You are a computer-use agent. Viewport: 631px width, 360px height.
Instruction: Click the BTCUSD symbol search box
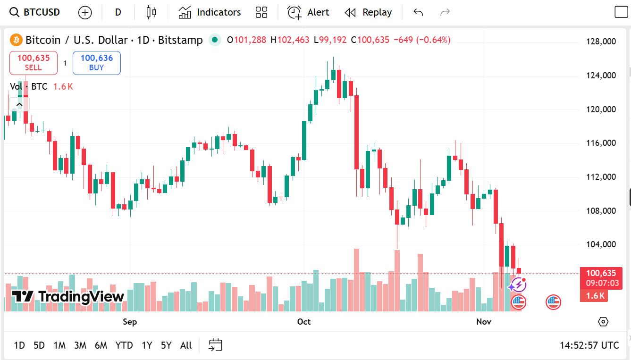click(36, 12)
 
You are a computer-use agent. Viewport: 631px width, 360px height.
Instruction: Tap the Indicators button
click(210, 12)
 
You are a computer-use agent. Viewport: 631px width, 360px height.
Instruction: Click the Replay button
click(368, 12)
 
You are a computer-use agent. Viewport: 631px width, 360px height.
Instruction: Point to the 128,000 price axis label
click(601, 42)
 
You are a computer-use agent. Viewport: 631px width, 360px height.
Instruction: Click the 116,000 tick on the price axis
click(601, 143)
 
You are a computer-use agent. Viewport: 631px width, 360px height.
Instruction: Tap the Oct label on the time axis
click(304, 322)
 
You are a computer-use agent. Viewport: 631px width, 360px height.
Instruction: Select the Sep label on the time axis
click(130, 322)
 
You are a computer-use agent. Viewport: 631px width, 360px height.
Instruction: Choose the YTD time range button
click(124, 345)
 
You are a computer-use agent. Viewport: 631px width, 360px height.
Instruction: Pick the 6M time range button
click(101, 345)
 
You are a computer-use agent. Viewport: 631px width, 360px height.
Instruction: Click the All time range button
click(186, 345)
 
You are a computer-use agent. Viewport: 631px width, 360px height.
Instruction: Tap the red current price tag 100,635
click(601, 273)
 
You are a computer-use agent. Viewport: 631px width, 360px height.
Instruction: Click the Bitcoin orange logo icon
click(16, 40)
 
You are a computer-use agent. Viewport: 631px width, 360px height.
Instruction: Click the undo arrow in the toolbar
click(418, 12)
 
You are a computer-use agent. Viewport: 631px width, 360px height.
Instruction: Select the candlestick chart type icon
click(151, 12)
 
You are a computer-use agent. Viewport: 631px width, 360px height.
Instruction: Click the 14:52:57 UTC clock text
click(589, 345)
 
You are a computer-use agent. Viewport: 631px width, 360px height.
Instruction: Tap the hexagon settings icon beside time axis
click(603, 322)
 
